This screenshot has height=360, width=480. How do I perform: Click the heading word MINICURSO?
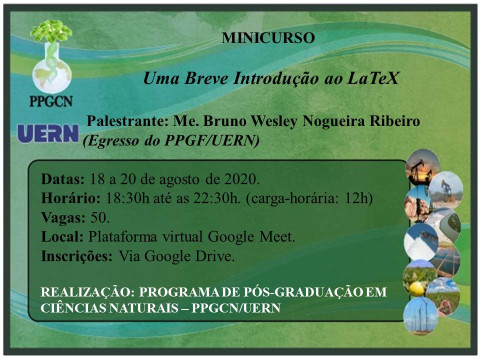pyautogui.click(x=268, y=38)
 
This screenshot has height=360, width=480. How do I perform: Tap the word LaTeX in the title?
pyautogui.click(x=373, y=78)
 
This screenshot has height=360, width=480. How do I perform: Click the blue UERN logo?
pyautogui.click(x=48, y=133)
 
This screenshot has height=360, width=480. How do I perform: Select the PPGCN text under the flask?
pyautogui.click(x=51, y=101)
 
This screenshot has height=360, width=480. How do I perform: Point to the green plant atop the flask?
pyautogui.click(x=51, y=30)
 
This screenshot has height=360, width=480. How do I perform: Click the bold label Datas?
pyautogui.click(x=63, y=179)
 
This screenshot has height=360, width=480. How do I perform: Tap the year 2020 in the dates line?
pyautogui.click(x=242, y=179)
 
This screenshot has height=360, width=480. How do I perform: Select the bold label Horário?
pyautogui.click(x=70, y=198)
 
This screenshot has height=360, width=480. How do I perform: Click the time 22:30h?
pyautogui.click(x=216, y=198)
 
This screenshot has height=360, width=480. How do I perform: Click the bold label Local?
pyautogui.click(x=62, y=236)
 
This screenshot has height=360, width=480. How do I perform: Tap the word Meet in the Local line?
pyautogui.click(x=277, y=236)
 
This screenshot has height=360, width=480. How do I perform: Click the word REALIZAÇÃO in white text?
pyautogui.click(x=87, y=292)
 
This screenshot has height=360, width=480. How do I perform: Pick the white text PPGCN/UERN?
pyautogui.click(x=236, y=308)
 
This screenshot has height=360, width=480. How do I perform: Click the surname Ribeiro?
pyautogui.click(x=394, y=121)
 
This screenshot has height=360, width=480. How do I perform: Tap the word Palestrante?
pyautogui.click(x=128, y=121)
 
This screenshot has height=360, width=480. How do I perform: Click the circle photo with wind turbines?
pyautogui.click(x=420, y=316)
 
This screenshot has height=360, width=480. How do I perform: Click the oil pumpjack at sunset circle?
pyautogui.click(x=422, y=167)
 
